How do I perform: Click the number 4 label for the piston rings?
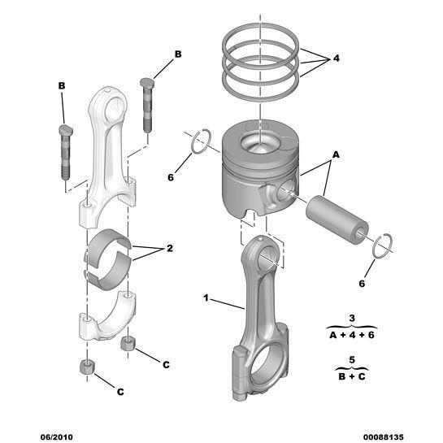(x=337, y=59)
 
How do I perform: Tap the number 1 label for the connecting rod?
(x=206, y=300)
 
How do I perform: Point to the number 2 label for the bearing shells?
(x=169, y=249)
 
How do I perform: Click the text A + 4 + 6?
(x=352, y=334)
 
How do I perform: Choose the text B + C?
(x=352, y=376)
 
